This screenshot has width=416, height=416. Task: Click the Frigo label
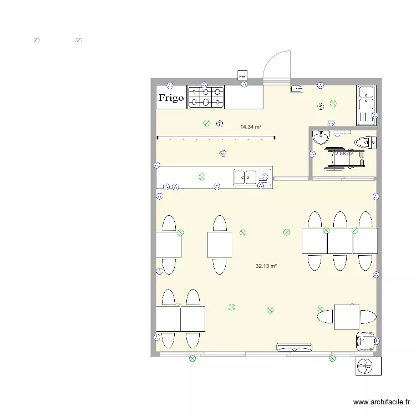coord(171,98)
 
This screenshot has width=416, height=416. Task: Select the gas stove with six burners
coord(206,97)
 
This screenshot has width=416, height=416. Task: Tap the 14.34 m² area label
coord(251,127)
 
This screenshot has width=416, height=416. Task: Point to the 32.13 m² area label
coord(266,266)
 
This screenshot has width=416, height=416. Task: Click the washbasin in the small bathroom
coord(321,136)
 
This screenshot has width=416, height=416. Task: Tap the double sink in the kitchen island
coord(245,177)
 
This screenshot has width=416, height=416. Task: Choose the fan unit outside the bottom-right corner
coord(368,366)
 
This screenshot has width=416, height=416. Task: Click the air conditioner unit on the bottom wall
coord(295,348)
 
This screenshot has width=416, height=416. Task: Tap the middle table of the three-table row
coord(339,241)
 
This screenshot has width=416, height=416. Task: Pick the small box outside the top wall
coord(242,75)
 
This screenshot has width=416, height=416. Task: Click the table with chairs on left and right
coord(347,316)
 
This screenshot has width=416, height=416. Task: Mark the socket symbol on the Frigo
coord(170,85)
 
